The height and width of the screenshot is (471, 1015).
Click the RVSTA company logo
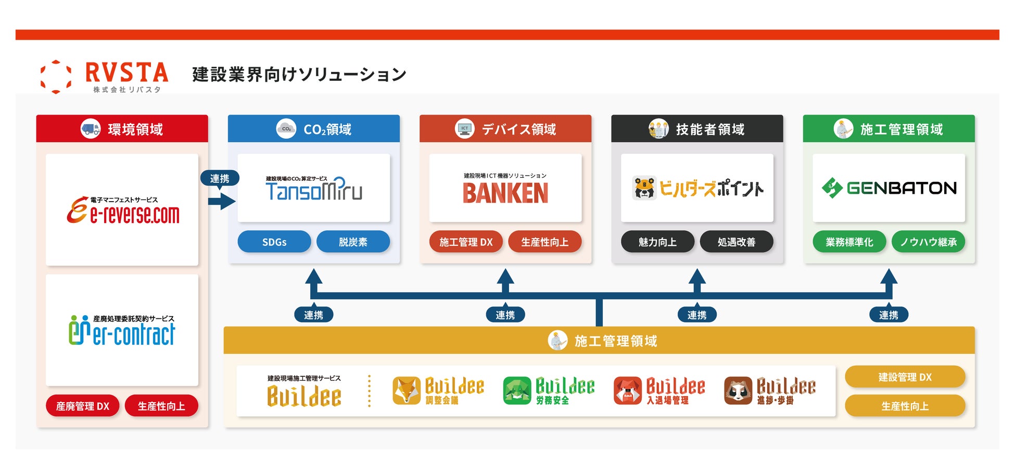pos(104,76)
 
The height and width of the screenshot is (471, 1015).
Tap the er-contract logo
pos(122,330)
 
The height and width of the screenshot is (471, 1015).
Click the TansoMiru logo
pos(313,189)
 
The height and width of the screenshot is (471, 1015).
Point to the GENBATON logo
pos(889,188)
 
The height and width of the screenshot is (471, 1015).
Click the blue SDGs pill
pos(274,242)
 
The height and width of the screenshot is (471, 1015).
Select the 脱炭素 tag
pos(353,242)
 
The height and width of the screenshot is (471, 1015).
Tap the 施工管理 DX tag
pos(466,242)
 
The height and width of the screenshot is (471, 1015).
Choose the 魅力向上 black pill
pos(657,242)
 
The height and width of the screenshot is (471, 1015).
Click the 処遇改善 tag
pos(736,242)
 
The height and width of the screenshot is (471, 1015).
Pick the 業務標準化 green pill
pos(849,242)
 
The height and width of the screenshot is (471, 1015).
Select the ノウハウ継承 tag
pos(928,242)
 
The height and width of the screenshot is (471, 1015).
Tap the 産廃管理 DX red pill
pos(83,406)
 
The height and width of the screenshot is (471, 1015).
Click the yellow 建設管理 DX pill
pos(905,377)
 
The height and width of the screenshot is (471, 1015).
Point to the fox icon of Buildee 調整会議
pos(407,391)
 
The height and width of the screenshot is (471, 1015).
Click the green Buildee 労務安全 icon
pos(517,391)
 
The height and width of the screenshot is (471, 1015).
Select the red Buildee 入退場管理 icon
pos(628,391)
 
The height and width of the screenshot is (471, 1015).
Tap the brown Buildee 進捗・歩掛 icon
pos(738,391)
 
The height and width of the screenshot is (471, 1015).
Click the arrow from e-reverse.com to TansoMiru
pos(221,201)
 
